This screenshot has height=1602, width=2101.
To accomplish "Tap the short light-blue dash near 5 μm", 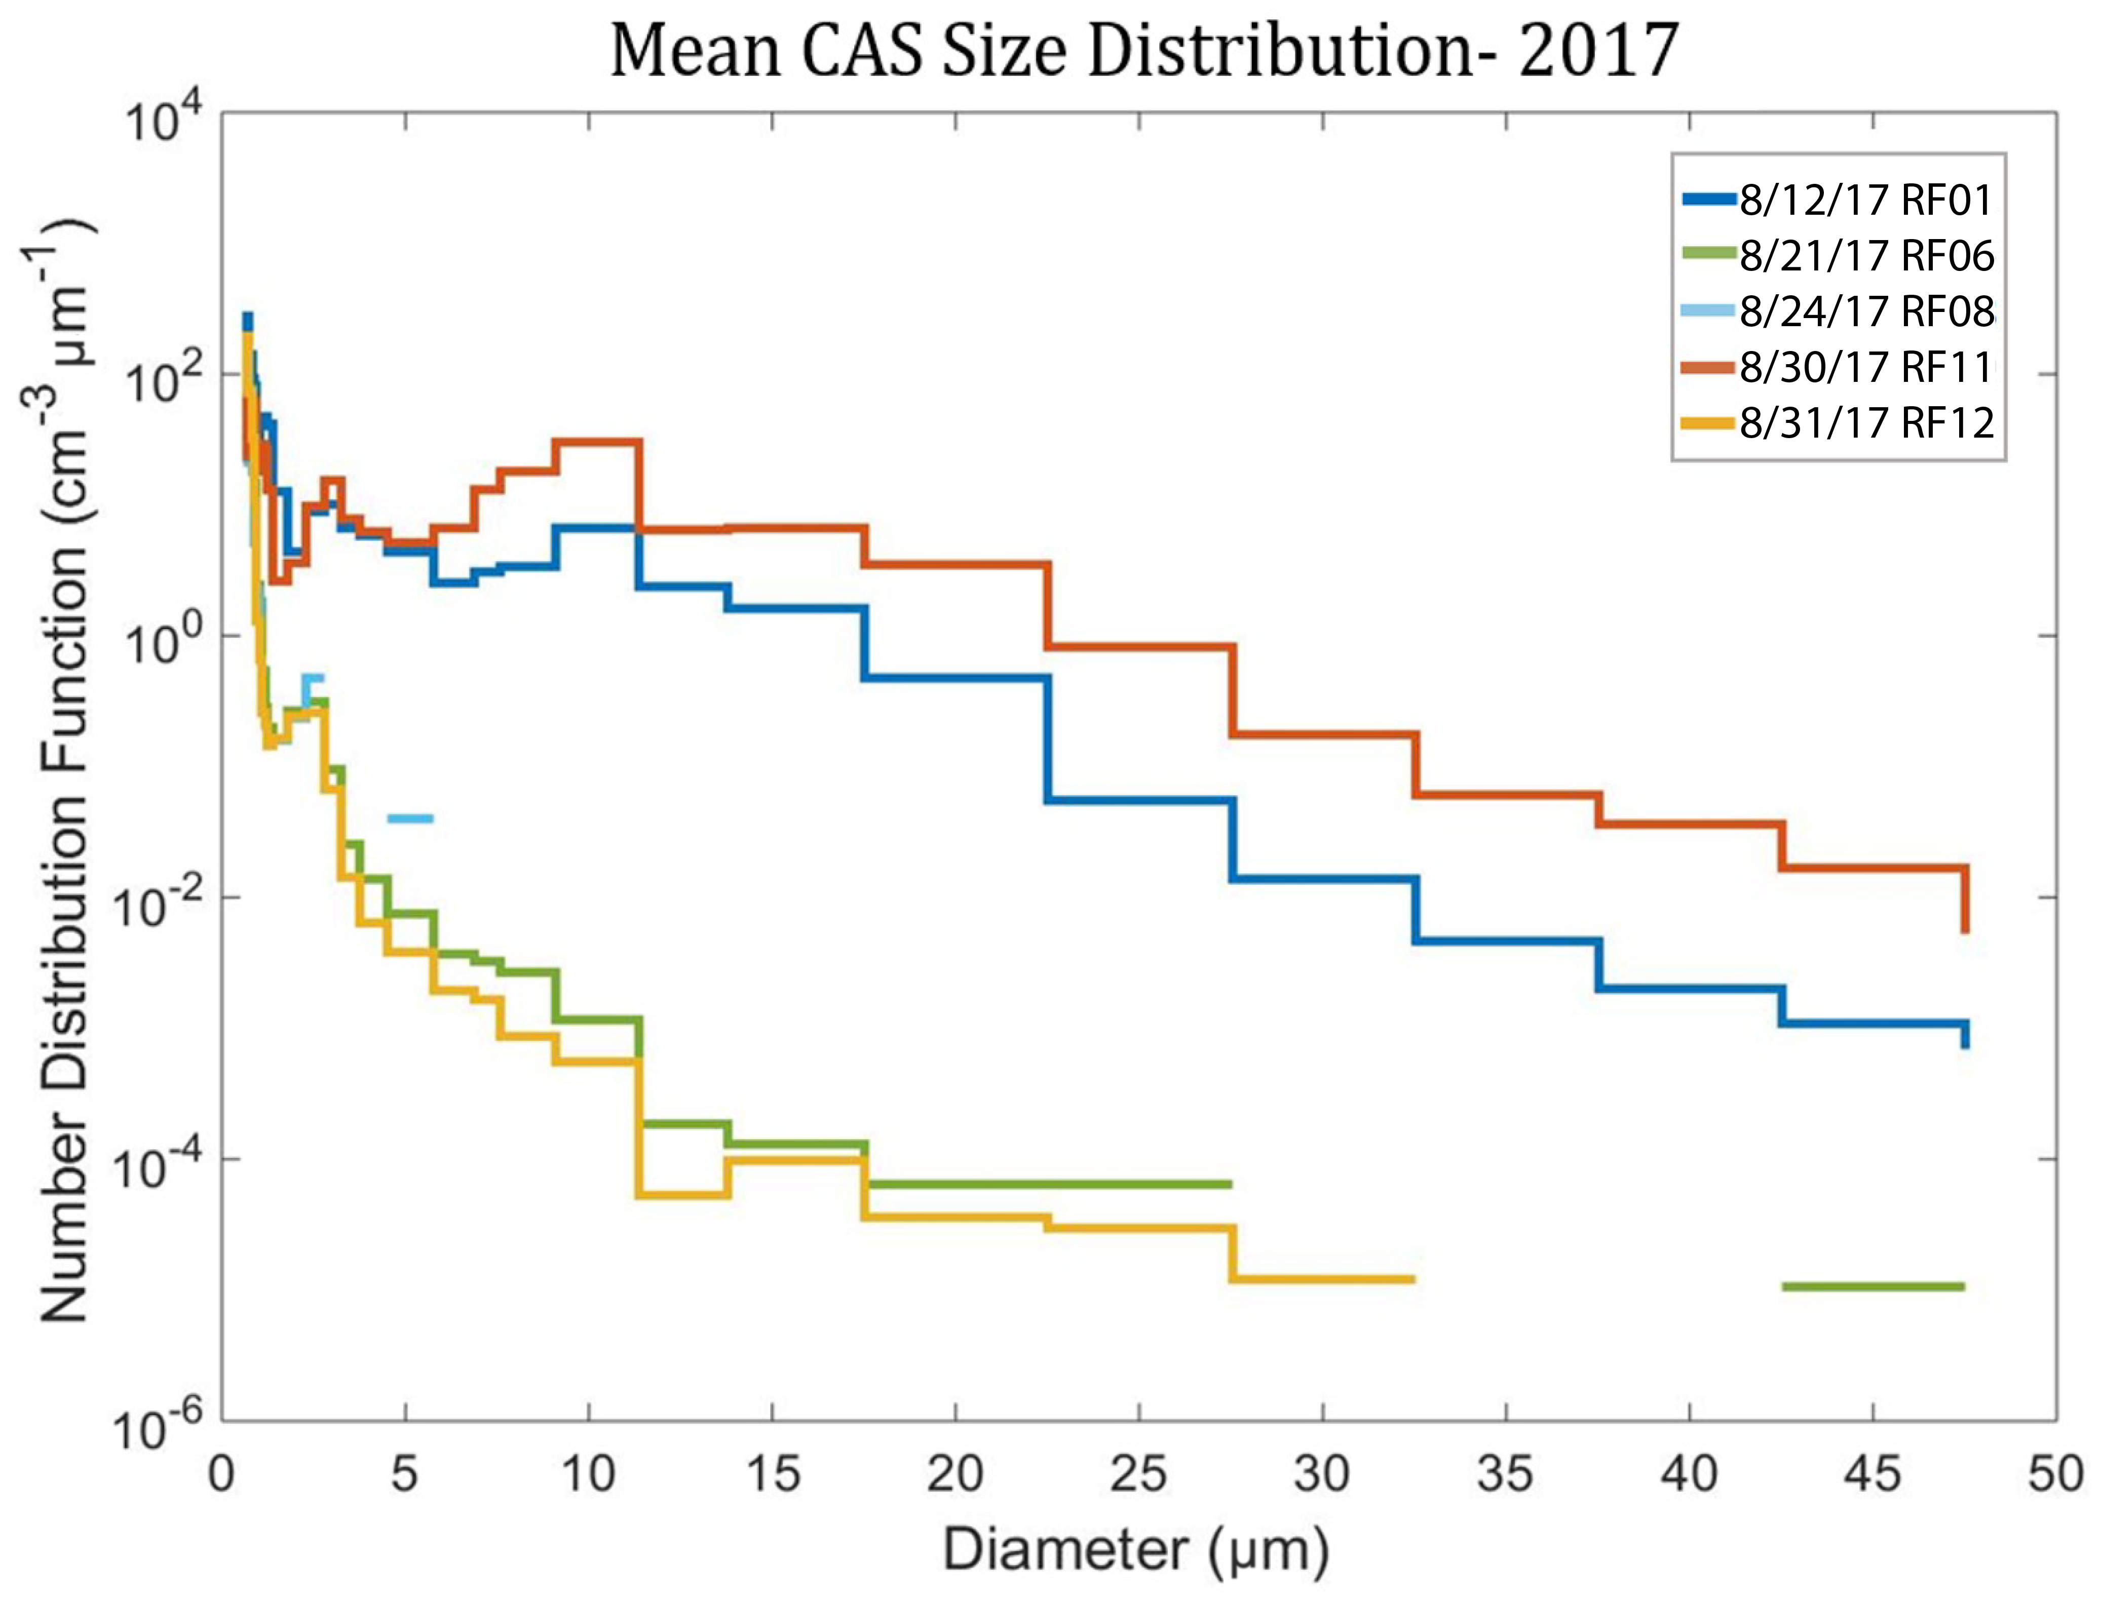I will pyautogui.click(x=410, y=817).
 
